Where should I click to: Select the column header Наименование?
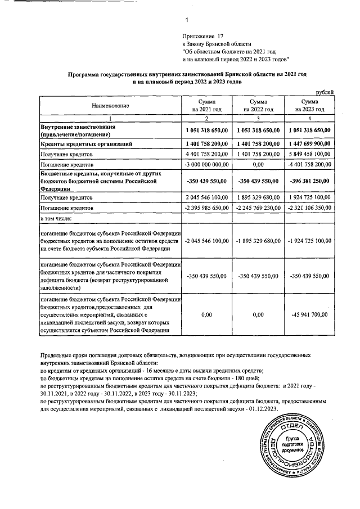pyautogui.click(x=111, y=106)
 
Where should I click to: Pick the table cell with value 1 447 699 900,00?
pyautogui.click(x=308, y=145)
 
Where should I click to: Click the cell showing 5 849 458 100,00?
pyautogui.click(x=308, y=155)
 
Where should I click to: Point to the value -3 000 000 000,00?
pyautogui.click(x=206, y=165)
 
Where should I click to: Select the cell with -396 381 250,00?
pyautogui.click(x=308, y=182)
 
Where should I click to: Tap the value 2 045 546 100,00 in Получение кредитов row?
pyautogui.click(x=206, y=199)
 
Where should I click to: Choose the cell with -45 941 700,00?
pyautogui.click(x=308, y=315)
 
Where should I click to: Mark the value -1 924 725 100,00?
pyautogui.click(x=308, y=241)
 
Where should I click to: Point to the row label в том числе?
pyautogui.click(x=56, y=218)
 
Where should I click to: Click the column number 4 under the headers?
pyautogui.click(x=308, y=119)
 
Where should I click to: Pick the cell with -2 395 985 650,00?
pyautogui.click(x=206, y=208)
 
